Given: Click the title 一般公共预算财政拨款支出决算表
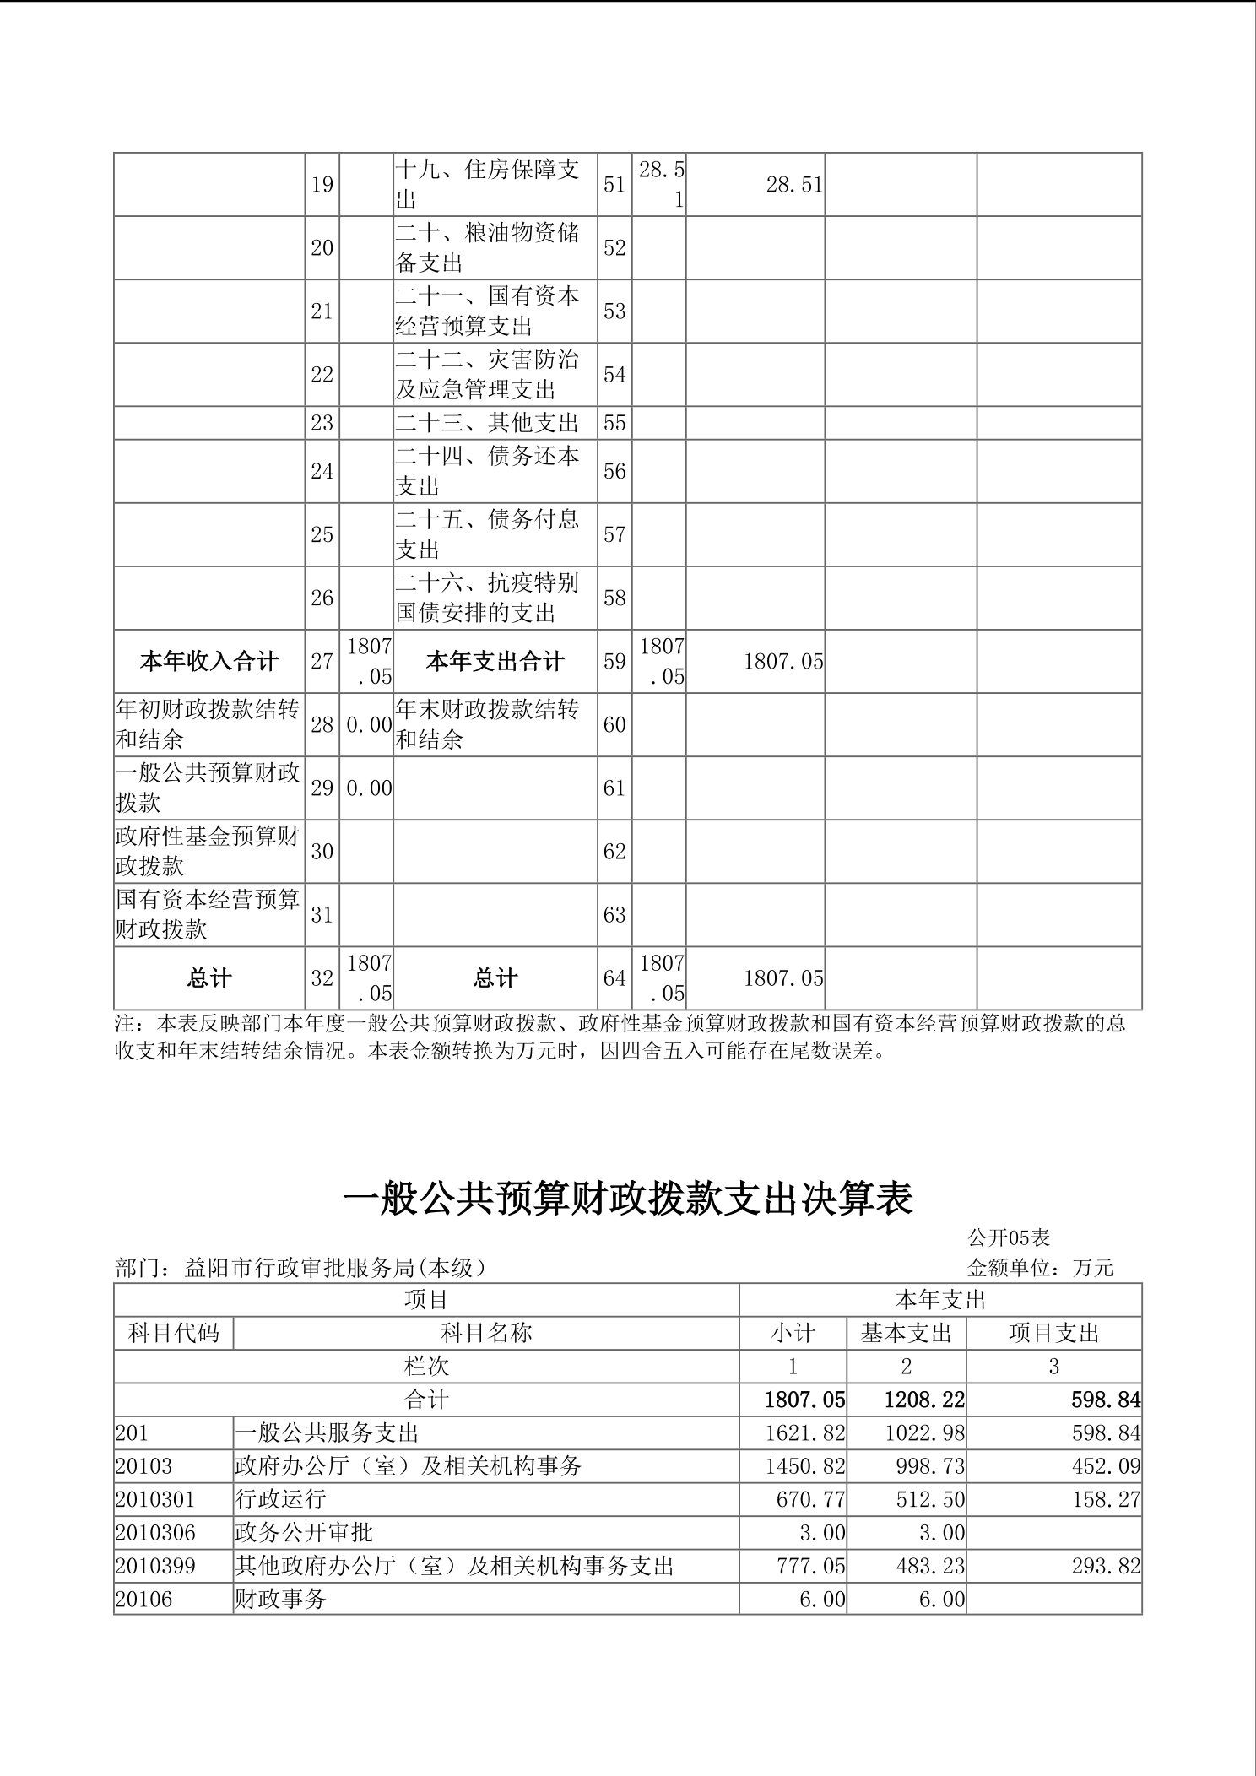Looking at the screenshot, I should [x=628, y=1199].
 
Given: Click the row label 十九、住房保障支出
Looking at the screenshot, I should [x=488, y=184].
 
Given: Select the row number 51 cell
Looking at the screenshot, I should [x=614, y=184].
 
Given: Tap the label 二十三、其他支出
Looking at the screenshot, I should [x=488, y=422].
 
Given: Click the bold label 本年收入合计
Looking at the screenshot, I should [x=208, y=661].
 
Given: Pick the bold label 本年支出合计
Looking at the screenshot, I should [x=495, y=661].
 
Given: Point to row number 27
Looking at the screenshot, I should [x=322, y=661].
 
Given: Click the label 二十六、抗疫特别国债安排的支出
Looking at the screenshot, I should [x=488, y=598].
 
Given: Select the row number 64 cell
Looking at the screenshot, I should [x=614, y=977].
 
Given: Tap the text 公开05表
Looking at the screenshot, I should [x=1009, y=1237].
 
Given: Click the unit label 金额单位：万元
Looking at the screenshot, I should [x=1040, y=1268].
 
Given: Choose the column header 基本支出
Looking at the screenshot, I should [x=906, y=1333].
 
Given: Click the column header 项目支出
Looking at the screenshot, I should [x=1053, y=1333].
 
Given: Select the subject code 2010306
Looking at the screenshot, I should [x=155, y=1532].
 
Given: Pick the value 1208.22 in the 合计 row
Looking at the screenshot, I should [x=923, y=1400].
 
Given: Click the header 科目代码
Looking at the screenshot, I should [x=174, y=1333].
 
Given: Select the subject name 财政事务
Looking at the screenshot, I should [x=280, y=1599].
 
